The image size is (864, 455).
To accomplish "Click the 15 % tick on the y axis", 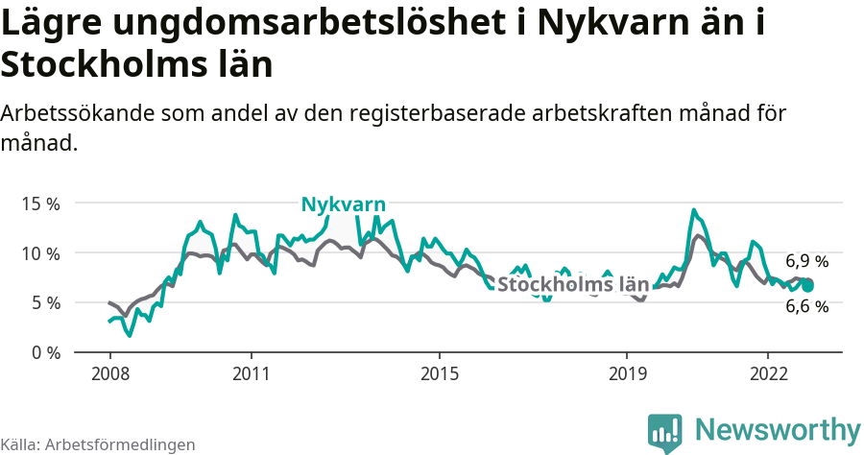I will [40, 204].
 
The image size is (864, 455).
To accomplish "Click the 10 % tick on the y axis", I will [40, 253].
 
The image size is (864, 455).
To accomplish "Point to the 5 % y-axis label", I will [44, 302].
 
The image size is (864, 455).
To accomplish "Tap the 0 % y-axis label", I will [44, 352].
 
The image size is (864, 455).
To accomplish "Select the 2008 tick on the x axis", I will [109, 372].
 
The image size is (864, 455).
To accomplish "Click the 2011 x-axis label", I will [251, 372].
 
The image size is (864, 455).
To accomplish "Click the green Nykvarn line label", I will [343, 204].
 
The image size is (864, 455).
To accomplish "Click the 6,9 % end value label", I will [806, 261].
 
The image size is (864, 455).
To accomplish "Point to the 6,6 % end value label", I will [806, 307].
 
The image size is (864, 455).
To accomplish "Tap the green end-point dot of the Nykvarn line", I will [807, 285].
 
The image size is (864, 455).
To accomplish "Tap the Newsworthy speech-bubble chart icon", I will [664, 433].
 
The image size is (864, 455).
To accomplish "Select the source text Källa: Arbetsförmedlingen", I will [98, 444].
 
